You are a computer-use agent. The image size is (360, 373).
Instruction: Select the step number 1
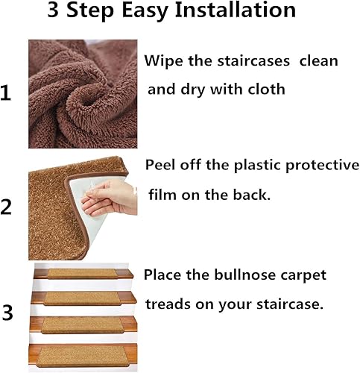pos(7,94)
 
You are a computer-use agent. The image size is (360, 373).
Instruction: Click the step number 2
pos(7,207)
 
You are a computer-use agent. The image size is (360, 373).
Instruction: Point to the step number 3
pos(7,313)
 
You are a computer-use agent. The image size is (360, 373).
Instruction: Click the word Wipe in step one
pos(162,61)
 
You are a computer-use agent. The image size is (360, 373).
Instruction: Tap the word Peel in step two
pos(161,165)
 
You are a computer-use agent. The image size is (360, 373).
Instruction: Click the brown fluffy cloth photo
pos(83,94)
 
